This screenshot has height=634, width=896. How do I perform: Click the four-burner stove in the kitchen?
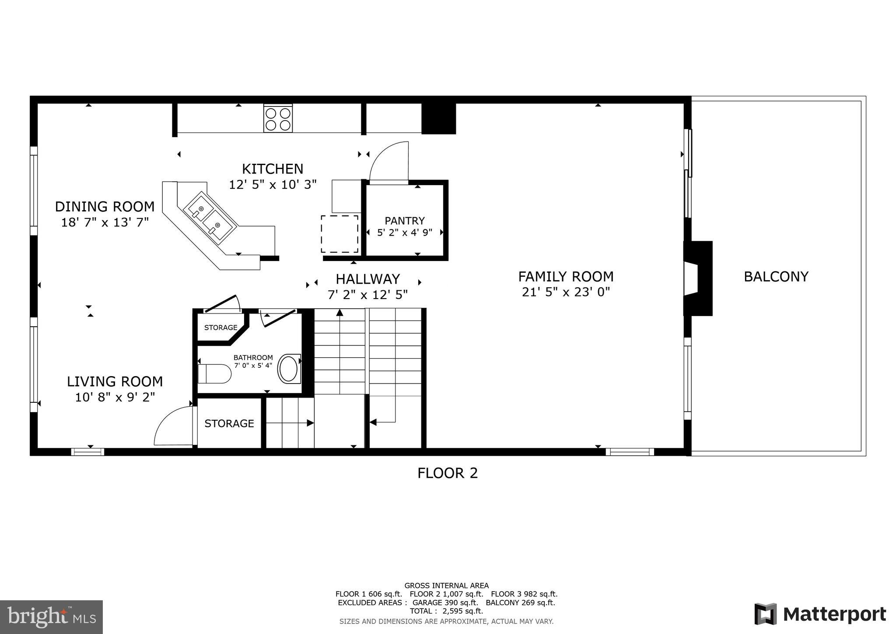click(x=278, y=119)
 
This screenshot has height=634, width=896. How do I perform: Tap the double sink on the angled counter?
click(x=210, y=217)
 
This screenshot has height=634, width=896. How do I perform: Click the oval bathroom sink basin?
click(x=288, y=369)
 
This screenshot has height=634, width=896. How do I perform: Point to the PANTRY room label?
click(x=404, y=221)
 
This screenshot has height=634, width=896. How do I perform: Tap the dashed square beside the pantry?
click(x=339, y=234)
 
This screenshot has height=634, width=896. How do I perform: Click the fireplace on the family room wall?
click(x=698, y=278)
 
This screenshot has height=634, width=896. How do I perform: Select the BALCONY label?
click(x=776, y=277)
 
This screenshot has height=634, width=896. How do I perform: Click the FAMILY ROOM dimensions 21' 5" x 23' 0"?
click(x=566, y=292)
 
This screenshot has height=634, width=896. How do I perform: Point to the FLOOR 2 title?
click(x=447, y=473)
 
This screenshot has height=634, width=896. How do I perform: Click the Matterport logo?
click(x=820, y=614)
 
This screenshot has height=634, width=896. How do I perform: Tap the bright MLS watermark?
click(x=51, y=617)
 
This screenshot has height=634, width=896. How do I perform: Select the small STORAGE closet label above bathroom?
click(x=220, y=328)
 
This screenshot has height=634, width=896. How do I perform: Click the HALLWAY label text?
click(x=367, y=279)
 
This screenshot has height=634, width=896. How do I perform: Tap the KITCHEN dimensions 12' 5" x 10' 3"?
click(x=273, y=185)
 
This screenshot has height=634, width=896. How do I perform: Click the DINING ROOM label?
click(x=105, y=206)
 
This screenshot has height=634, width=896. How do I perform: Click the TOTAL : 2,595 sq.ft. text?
click(x=446, y=611)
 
